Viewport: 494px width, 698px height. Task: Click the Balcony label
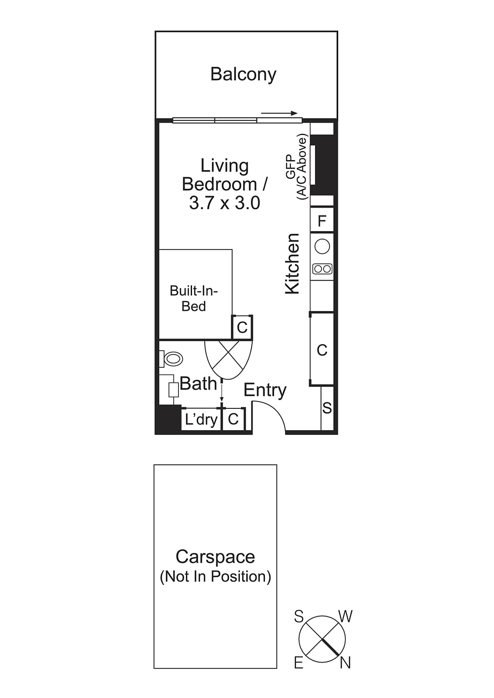tap(243, 74)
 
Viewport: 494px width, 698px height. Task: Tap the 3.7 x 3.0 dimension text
tap(224, 203)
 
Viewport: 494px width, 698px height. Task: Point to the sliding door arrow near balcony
tap(279, 113)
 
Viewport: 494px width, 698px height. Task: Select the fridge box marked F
tap(322, 221)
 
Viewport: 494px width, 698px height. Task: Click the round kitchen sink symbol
tap(322, 246)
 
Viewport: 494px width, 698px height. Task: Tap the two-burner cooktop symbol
tap(322, 269)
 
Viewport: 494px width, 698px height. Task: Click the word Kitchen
tap(292, 263)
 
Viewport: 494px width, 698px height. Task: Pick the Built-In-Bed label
tap(193, 298)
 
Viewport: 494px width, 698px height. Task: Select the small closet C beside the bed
tap(242, 327)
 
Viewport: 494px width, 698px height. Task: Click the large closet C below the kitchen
tap(322, 350)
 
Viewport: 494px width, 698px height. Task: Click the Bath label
tap(198, 384)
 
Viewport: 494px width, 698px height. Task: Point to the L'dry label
tap(201, 419)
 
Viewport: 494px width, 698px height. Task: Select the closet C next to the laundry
tap(233, 419)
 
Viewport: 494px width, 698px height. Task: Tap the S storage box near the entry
tap(327, 408)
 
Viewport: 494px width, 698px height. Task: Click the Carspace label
tap(215, 557)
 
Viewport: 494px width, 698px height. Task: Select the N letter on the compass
tap(345, 663)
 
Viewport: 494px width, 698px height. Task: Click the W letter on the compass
tap(345, 616)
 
